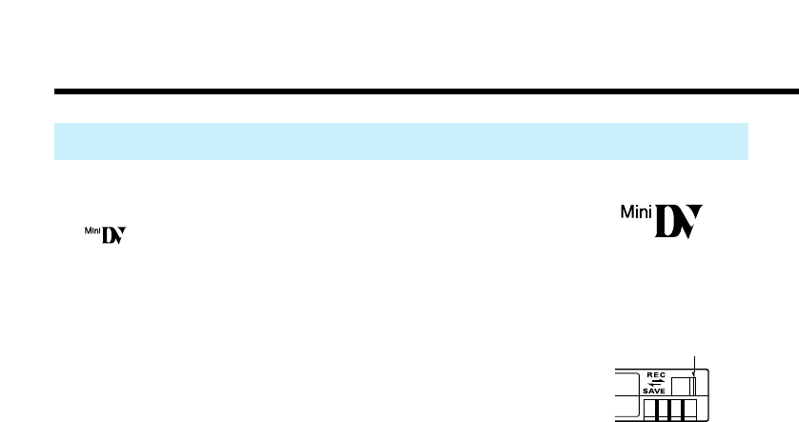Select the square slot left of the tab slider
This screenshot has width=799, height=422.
click(681, 386)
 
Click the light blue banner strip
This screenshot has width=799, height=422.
click(400, 141)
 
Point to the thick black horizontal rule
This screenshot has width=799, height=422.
click(420, 92)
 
